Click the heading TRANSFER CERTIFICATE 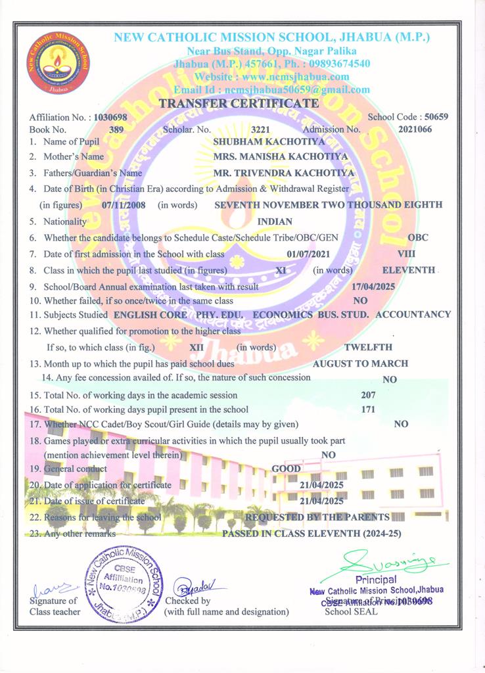(239, 103)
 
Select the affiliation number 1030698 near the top (110, 117)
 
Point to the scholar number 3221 (261, 129)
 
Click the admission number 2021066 (415, 129)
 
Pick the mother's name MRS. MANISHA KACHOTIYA (281, 157)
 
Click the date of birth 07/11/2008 (124, 205)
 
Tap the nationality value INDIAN (275, 221)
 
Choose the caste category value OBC (418, 237)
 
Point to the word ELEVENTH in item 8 (408, 269)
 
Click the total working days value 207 (369, 395)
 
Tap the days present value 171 (369, 409)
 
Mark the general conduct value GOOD (287, 469)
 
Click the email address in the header (271, 89)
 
